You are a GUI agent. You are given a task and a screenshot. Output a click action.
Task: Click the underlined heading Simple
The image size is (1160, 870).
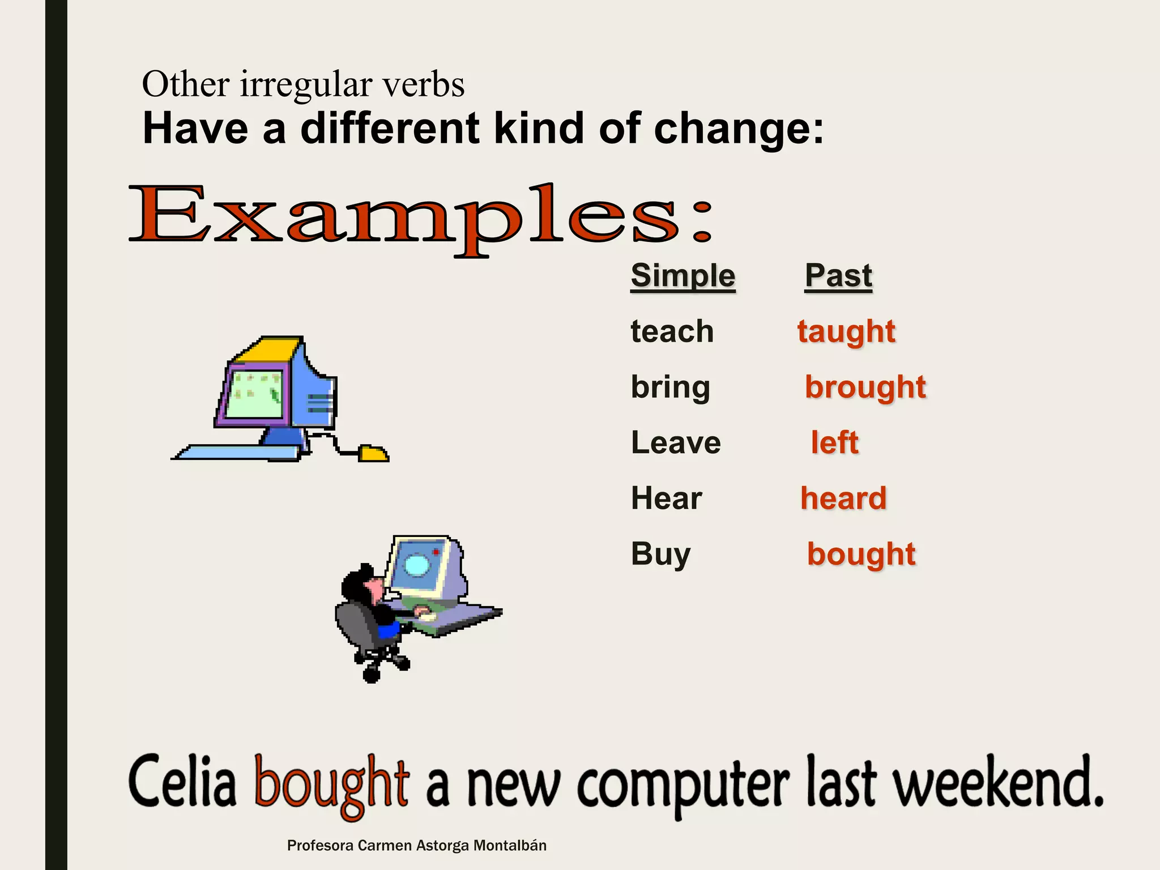tap(683, 276)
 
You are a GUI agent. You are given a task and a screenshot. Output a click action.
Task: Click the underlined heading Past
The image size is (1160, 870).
tap(838, 276)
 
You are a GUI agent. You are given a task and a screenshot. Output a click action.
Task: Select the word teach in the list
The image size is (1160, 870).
tap(672, 331)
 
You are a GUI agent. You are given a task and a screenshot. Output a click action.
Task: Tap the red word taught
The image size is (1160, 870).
tap(846, 332)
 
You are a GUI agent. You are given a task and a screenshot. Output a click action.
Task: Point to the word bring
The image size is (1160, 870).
tap(670, 388)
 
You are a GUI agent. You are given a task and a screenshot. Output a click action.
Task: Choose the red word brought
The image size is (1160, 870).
tap(865, 388)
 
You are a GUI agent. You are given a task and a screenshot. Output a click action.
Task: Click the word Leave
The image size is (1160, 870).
tap(676, 443)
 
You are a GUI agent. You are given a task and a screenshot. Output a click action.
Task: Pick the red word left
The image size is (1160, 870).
tap(834, 443)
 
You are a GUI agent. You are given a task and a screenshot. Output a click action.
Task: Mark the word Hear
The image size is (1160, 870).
tap(666, 499)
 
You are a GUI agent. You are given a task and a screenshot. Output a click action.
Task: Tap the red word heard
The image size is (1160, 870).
tap(843, 499)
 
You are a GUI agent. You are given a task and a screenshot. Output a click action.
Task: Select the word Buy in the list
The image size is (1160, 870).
tap(660, 555)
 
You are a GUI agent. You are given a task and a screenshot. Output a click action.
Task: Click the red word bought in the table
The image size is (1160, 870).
tap(861, 555)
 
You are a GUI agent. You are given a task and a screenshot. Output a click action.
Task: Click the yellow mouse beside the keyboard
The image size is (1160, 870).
tap(373, 454)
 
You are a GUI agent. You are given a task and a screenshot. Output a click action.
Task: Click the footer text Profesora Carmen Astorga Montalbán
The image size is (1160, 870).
tap(416, 846)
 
